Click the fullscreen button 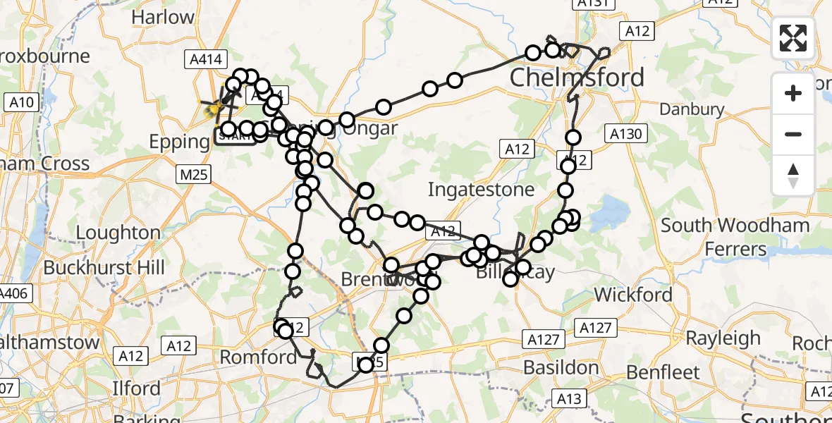click(x=793, y=38)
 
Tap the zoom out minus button click(x=793, y=134)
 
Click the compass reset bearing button click(x=793, y=175)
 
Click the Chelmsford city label click(x=577, y=78)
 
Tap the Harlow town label click(x=163, y=17)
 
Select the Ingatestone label click(x=481, y=190)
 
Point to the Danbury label click(x=692, y=109)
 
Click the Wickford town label click(x=634, y=294)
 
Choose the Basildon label click(x=561, y=367)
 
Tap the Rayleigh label click(x=723, y=338)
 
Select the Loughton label click(x=118, y=233)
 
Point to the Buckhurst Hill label click(x=104, y=268)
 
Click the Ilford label click(x=136, y=388)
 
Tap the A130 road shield click(x=624, y=134)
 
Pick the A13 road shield click(x=568, y=399)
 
